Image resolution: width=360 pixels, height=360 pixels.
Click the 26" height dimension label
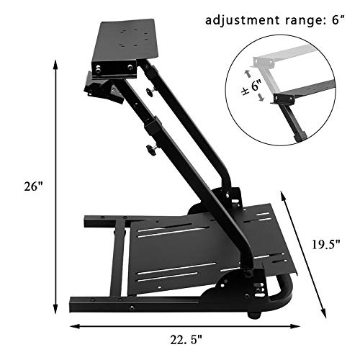[35, 186]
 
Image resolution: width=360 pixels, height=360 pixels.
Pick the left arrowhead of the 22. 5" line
[72, 328]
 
